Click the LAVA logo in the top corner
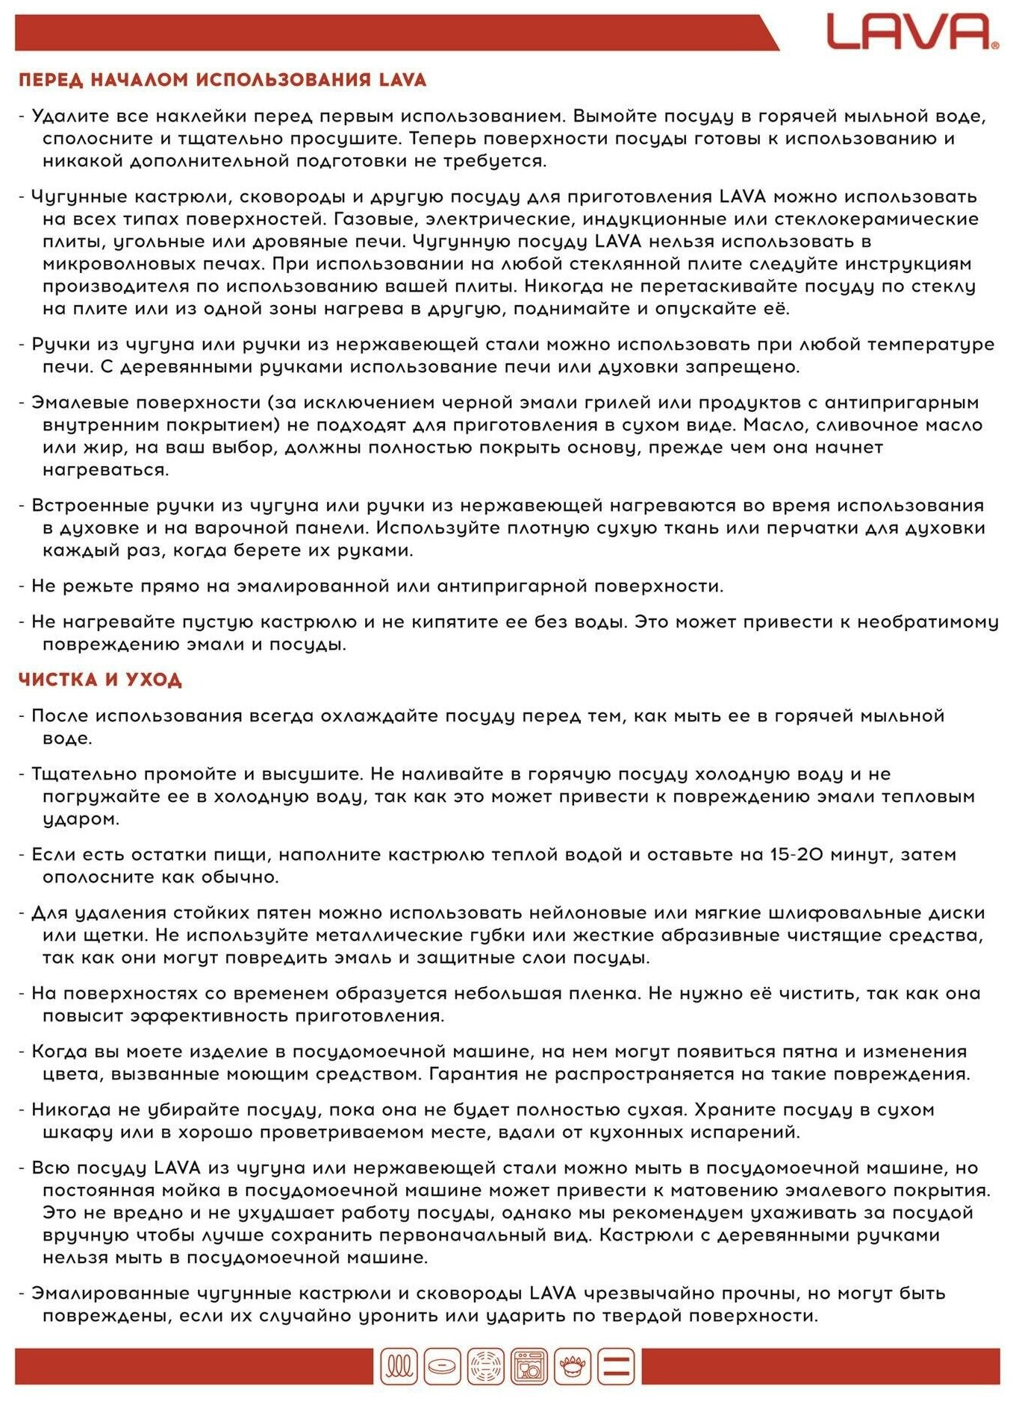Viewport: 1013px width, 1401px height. point(911,32)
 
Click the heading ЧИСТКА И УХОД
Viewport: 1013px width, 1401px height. point(100,680)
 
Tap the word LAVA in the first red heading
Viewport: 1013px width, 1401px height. point(402,80)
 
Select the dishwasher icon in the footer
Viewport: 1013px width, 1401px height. point(529,1367)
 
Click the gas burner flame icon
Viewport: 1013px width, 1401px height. point(573,1367)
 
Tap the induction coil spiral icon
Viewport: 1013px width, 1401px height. point(399,1367)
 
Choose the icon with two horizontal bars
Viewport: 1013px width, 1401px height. point(616,1367)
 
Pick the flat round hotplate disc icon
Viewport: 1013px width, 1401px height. point(442,1367)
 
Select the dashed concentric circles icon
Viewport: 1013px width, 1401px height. point(486,1367)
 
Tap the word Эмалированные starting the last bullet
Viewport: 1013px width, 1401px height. point(110,1294)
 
